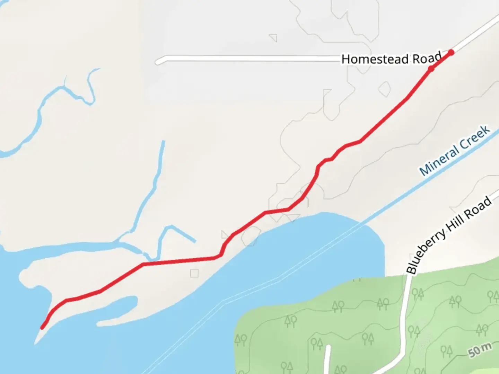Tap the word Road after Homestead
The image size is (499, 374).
click(427, 58)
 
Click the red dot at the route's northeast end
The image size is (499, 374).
click(451, 53)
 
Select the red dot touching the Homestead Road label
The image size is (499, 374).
click(431, 69)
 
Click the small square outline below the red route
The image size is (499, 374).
click(194, 274)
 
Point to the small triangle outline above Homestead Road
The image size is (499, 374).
click(274, 37)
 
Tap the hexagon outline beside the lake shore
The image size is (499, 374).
click(251, 236)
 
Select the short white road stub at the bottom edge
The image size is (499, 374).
click(327, 360)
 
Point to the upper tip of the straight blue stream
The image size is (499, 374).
click(163, 142)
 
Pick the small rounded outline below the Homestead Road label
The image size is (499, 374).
click(384, 89)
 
